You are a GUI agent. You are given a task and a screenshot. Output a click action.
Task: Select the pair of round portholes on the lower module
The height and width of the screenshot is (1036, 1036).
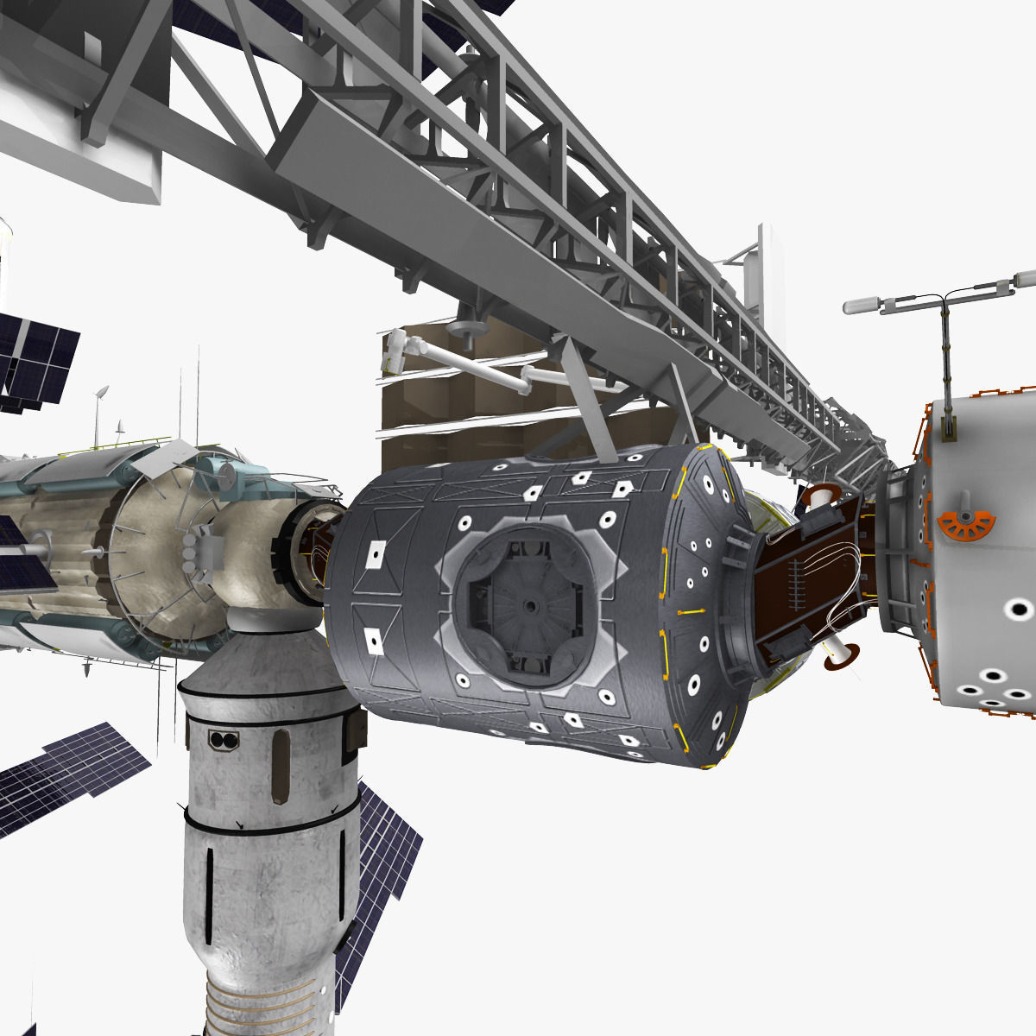[223, 740]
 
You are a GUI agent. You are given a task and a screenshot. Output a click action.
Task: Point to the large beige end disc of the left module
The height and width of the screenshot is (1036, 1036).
[164, 553]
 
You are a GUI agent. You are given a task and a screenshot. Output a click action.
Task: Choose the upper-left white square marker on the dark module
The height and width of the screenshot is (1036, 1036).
[376, 553]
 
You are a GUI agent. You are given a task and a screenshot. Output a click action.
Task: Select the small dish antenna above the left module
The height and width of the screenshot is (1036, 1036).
[101, 393]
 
